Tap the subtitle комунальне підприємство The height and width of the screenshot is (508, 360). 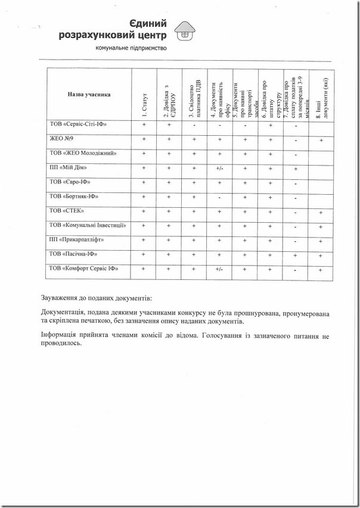coord(131,47)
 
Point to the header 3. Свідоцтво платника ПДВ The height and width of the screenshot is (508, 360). coord(195,95)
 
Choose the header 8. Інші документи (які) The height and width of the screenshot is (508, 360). coord(321,95)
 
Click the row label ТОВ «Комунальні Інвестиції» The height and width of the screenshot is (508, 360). coord(88,226)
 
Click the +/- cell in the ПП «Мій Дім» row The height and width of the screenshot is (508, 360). coord(220,169)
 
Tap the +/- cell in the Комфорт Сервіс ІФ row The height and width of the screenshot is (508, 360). coord(220,270)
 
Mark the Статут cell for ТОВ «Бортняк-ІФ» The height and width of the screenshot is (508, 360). coord(144,197)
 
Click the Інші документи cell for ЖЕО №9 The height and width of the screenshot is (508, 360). coord(321,140)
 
